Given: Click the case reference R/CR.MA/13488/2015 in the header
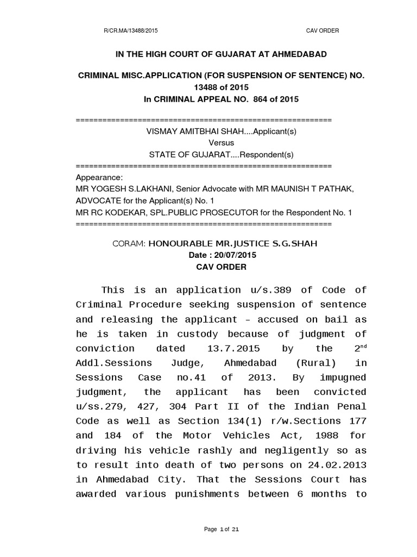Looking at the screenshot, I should [x=134, y=31].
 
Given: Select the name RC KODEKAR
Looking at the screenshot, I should [x=112, y=212].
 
